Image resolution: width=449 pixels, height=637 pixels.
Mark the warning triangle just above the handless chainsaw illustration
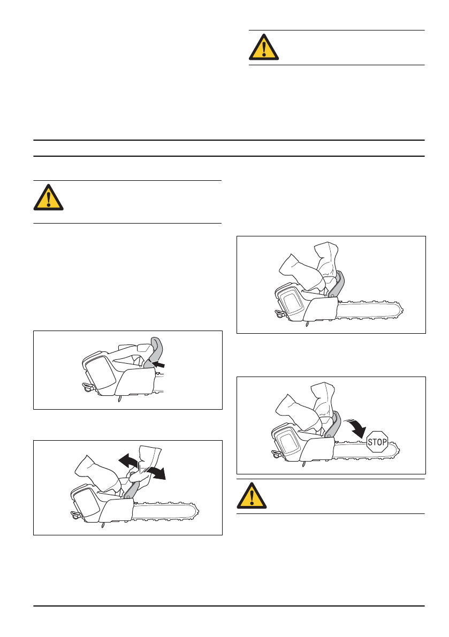[x=48, y=197]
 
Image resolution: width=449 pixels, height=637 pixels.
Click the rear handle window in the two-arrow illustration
[x=83, y=504]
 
